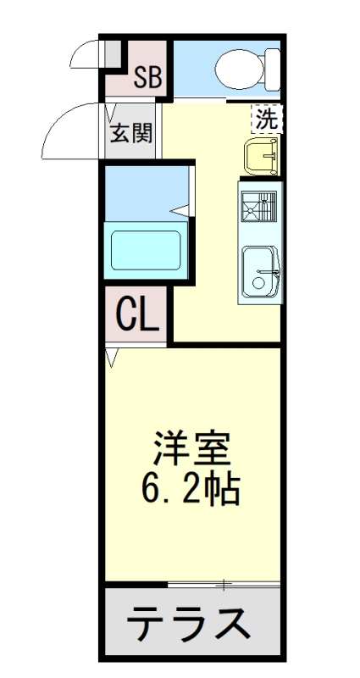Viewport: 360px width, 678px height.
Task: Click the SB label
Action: [x=147, y=78]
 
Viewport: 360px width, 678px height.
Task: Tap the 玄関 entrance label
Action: [x=131, y=133]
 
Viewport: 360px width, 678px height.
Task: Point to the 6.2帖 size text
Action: [x=191, y=491]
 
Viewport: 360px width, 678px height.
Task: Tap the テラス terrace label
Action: [x=189, y=624]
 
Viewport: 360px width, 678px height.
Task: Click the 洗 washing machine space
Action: [x=267, y=119]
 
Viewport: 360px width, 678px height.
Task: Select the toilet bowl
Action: [x=240, y=69]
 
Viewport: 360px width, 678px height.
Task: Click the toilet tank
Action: [x=273, y=69]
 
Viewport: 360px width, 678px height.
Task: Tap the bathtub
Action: [x=146, y=251]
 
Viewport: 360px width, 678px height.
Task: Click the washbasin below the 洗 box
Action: [x=261, y=157]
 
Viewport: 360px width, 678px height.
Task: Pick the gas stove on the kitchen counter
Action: [x=259, y=207]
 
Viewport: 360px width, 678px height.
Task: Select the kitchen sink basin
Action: [x=261, y=271]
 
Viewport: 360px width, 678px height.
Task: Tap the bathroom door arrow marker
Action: [x=180, y=210]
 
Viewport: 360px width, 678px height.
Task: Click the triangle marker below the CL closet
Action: [x=112, y=358]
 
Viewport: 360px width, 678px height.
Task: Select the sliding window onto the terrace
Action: [x=224, y=585]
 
